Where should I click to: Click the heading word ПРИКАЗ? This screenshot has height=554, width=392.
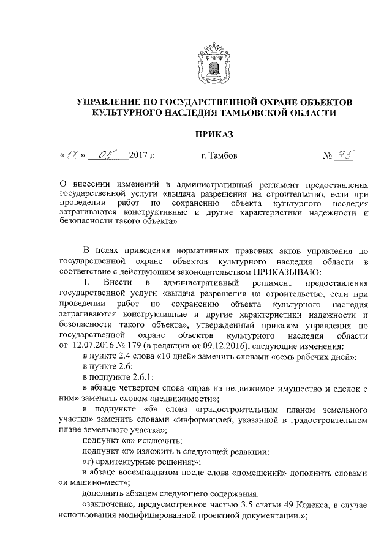click(x=214, y=134)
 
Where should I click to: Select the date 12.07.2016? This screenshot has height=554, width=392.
click(x=97, y=345)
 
